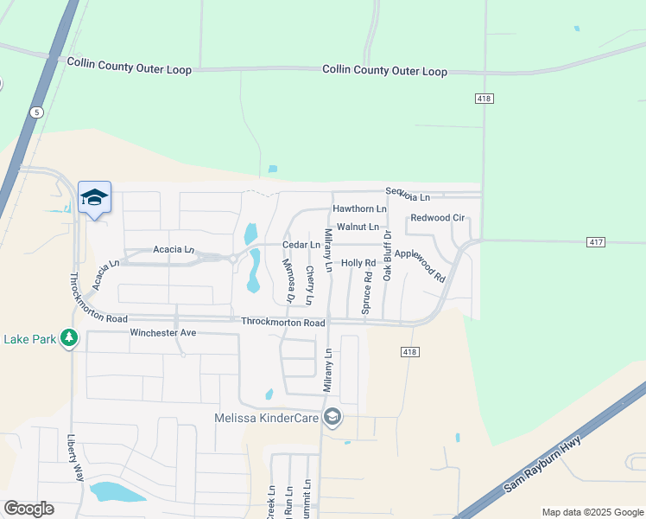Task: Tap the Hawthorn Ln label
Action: point(359,209)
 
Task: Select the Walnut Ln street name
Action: point(358,227)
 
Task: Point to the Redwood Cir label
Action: point(438,218)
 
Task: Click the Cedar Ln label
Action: point(303,245)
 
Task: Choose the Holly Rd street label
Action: point(358,262)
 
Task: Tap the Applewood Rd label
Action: point(419,266)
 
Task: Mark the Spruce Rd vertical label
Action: point(367,291)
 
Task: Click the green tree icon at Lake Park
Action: point(68,339)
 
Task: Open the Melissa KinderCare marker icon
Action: point(332,419)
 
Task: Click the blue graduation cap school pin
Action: point(94,198)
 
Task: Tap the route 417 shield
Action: point(594,243)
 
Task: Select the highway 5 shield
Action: point(35,112)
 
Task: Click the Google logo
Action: point(28,509)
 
